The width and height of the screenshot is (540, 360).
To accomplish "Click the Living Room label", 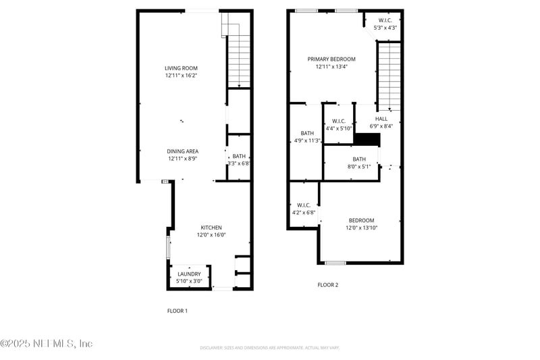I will (181, 68).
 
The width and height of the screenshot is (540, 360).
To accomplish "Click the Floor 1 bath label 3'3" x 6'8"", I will (239, 159).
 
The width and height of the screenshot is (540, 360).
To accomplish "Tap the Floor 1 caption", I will (177, 311).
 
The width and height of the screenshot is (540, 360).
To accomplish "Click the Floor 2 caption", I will (327, 285).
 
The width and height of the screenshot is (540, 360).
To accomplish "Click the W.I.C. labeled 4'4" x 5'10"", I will (339, 124).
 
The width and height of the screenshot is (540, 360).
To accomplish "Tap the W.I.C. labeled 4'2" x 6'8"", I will (303, 208).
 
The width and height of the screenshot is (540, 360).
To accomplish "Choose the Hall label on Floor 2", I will (381, 122).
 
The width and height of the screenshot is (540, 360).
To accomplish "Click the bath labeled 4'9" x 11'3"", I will (307, 137).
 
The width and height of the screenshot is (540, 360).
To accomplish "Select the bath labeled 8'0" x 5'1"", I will (358, 163).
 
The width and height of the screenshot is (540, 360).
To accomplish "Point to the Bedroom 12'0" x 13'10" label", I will (361, 224).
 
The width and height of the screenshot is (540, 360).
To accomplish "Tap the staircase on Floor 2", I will (389, 76).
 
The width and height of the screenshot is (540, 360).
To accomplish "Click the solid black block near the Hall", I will (368, 139).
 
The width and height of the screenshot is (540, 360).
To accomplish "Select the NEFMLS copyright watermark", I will (46, 344).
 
